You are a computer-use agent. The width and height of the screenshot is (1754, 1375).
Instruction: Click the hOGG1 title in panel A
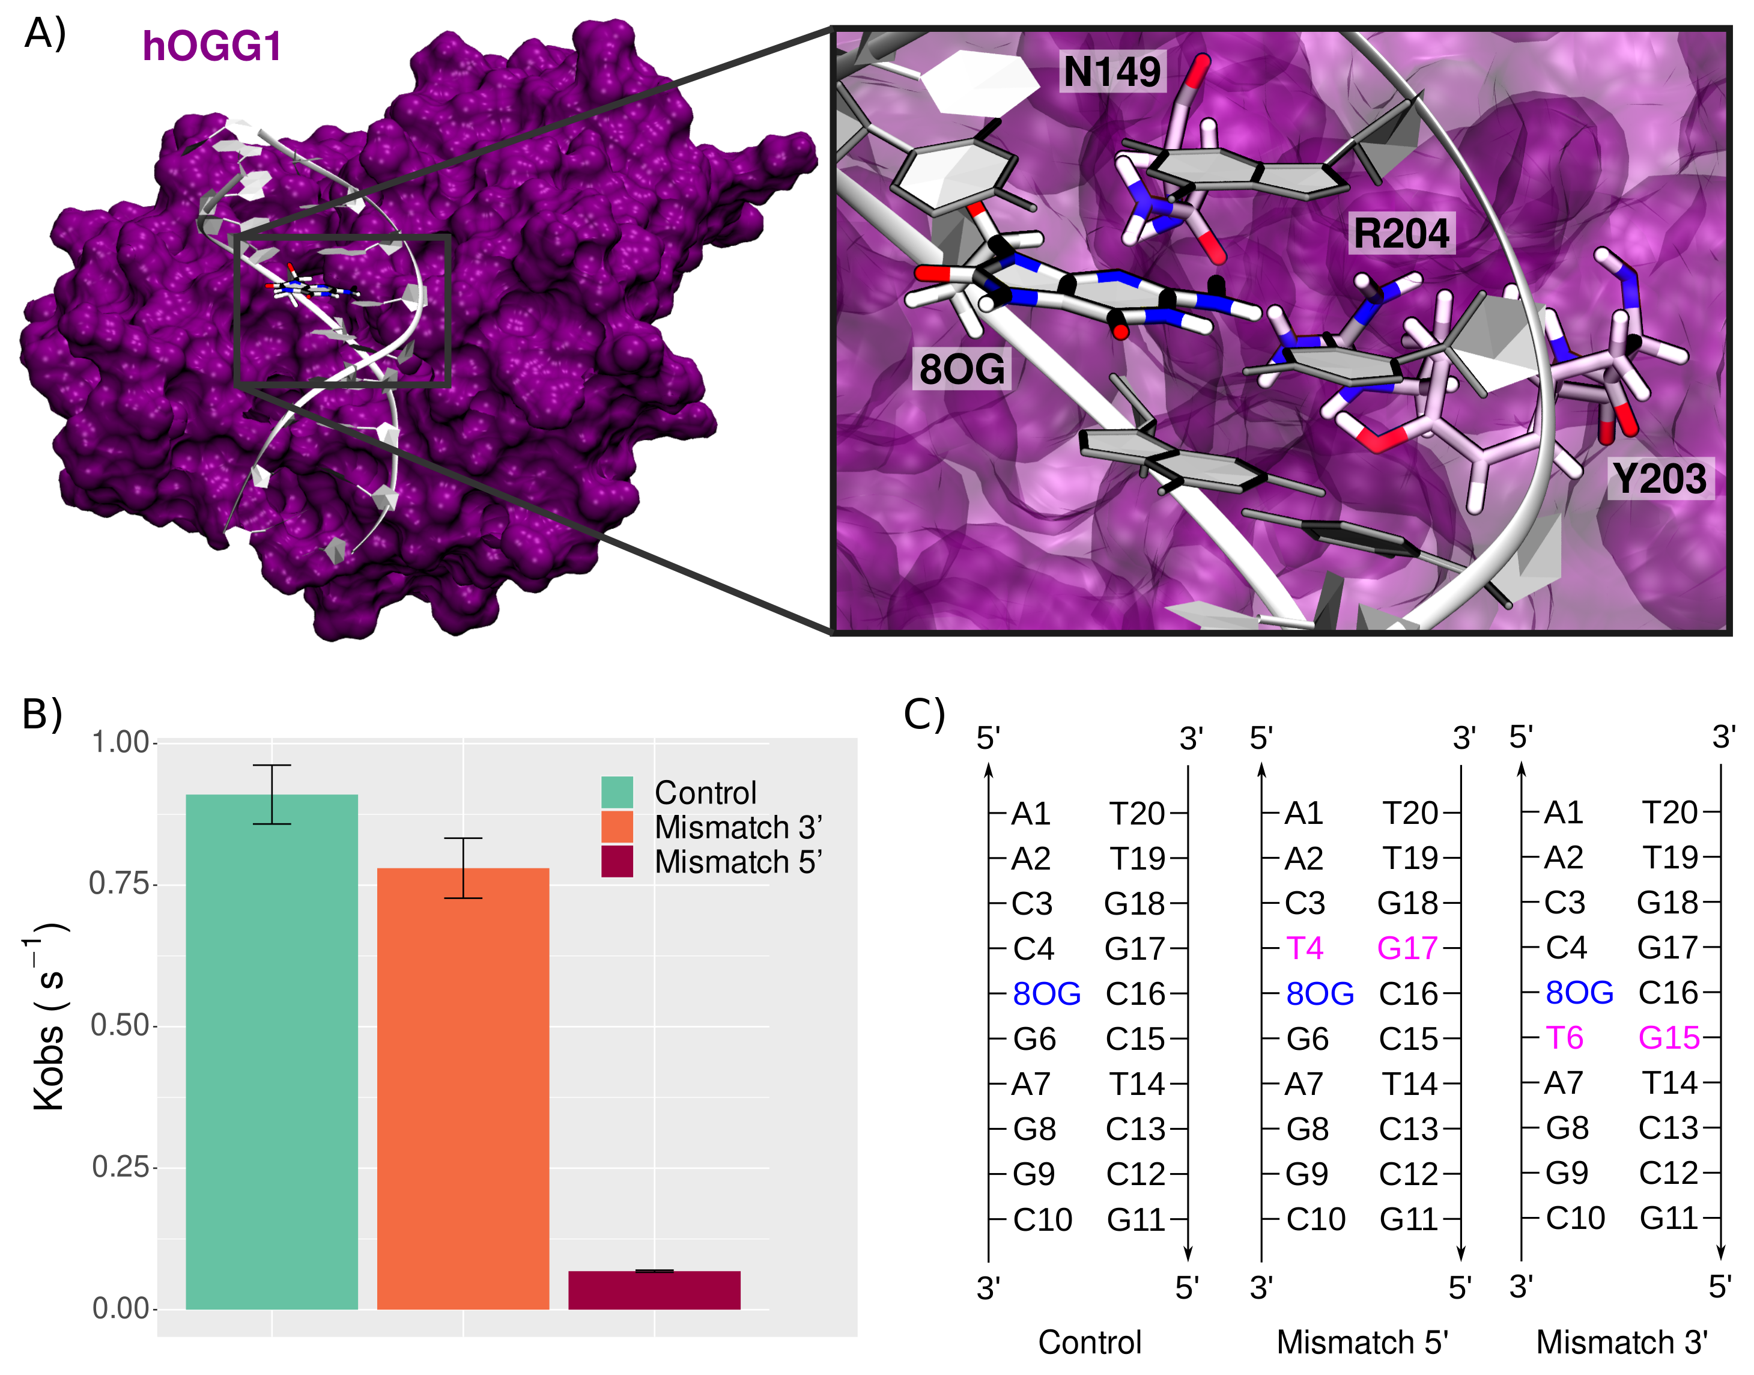pos(211,46)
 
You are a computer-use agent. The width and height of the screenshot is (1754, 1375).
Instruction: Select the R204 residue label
pos(1401,233)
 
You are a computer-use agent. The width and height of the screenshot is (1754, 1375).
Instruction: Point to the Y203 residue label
pos(1660,479)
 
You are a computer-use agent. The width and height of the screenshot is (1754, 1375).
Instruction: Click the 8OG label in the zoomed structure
pos(962,370)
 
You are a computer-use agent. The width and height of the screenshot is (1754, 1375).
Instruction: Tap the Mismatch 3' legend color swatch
pos(617,827)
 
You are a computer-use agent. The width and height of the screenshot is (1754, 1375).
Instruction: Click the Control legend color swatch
pos(617,792)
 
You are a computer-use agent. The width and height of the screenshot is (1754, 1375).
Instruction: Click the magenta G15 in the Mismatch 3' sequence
pos(1669,1038)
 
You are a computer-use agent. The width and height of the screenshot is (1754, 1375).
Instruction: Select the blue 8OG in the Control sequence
pos(1046,993)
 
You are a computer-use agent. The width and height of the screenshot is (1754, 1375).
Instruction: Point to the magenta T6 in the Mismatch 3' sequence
pos(1564,1038)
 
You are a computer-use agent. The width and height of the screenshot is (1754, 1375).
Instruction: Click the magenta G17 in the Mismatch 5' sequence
pos(1407,948)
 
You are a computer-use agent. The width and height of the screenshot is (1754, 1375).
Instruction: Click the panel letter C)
pos(924,713)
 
